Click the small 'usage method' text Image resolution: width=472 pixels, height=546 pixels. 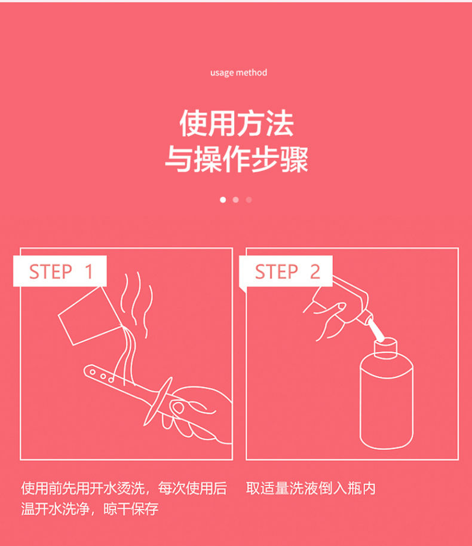tap(238, 73)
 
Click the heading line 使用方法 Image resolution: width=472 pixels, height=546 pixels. tap(237, 124)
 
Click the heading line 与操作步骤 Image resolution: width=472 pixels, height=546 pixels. tap(237, 159)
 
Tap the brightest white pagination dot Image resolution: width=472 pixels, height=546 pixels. tap(223, 200)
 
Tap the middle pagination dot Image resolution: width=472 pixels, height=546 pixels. tap(236, 200)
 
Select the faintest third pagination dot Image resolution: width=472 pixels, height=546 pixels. tap(249, 200)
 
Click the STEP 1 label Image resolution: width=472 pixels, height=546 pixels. tap(60, 272)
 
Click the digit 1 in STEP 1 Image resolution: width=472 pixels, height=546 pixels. tap(89, 272)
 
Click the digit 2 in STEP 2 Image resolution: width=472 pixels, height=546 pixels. tap(315, 272)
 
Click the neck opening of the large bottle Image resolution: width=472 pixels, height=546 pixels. tap(385, 345)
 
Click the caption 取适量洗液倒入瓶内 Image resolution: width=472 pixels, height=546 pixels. tap(311, 489)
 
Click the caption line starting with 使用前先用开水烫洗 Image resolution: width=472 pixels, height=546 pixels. tap(124, 489)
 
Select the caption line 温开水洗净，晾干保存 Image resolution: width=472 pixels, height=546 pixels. tap(90, 510)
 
